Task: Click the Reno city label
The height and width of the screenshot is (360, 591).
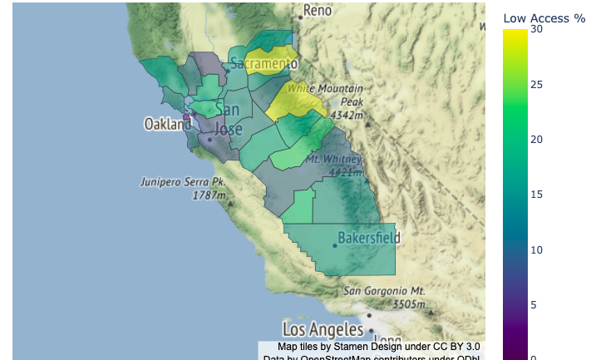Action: (x=318, y=10)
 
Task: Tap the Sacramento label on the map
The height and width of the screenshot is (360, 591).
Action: (x=263, y=63)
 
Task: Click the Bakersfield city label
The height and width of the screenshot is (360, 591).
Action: (x=368, y=238)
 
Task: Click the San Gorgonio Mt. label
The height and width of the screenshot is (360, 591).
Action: (x=385, y=291)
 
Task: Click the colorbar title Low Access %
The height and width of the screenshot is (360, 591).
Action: (x=544, y=17)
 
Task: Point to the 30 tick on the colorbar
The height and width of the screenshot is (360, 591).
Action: (x=536, y=29)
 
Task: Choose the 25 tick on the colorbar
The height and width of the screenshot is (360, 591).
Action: (x=536, y=84)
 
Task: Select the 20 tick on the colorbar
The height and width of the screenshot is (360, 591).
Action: (x=536, y=139)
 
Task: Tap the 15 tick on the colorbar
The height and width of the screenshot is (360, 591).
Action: (x=536, y=194)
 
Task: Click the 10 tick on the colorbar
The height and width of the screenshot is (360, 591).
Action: (x=536, y=249)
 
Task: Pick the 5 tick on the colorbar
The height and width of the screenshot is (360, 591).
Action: (x=536, y=304)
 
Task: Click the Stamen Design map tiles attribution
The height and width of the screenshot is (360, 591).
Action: (x=378, y=347)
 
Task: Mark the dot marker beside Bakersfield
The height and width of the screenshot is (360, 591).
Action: (x=334, y=244)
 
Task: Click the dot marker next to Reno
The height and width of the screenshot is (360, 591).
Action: (x=300, y=17)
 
